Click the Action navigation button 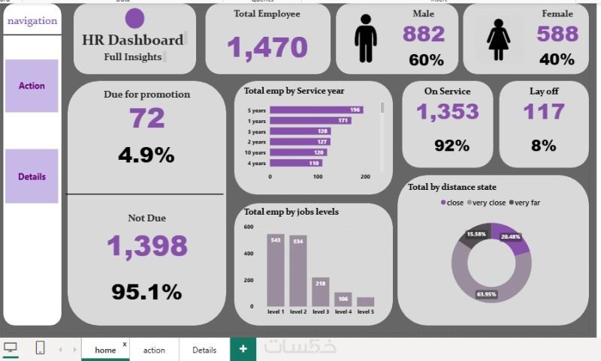click(32, 86)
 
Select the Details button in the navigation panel click(32, 176)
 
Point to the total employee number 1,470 click(267, 47)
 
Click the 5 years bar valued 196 click(316, 110)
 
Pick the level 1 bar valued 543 click(276, 269)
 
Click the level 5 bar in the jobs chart click(365, 301)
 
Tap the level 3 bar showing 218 click(320, 291)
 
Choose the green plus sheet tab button click(243, 349)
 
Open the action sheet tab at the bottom click(154, 350)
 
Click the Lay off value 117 click(543, 112)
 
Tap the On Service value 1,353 click(447, 112)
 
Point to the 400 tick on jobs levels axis click(249, 253)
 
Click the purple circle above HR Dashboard click(135, 19)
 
